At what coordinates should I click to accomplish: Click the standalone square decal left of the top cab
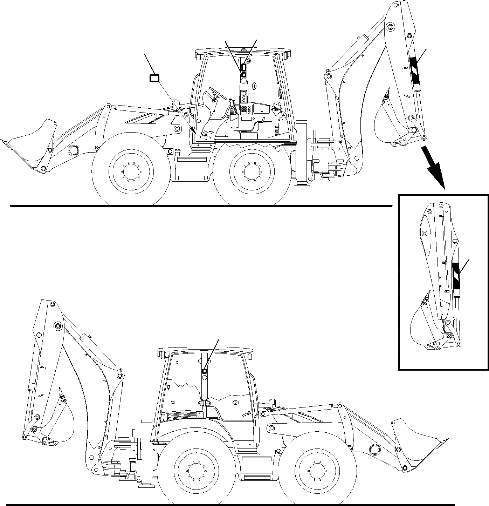[x=154, y=78]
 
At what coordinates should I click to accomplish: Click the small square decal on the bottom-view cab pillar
[x=205, y=371]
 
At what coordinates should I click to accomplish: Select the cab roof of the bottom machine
[x=205, y=350]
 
